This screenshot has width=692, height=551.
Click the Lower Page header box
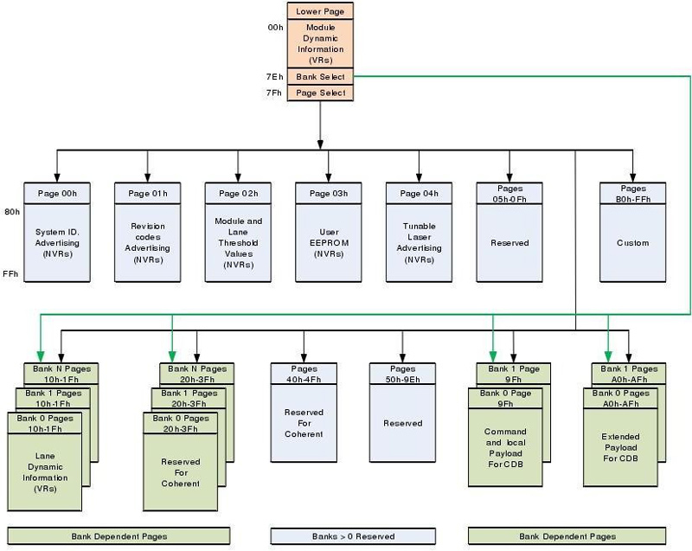(x=320, y=11)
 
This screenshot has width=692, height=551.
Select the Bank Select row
(x=320, y=77)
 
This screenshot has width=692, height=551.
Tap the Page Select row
(x=320, y=93)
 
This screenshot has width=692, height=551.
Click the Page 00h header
(x=57, y=193)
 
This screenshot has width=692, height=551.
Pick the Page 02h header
(x=238, y=193)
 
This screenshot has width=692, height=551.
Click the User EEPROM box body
(x=328, y=242)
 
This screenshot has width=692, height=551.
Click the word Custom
(x=632, y=243)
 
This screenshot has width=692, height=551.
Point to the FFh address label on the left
(x=10, y=274)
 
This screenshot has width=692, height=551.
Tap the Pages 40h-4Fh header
(x=304, y=373)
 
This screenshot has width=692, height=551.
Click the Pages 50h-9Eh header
(x=402, y=373)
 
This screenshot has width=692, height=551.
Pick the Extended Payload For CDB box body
(x=619, y=447)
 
